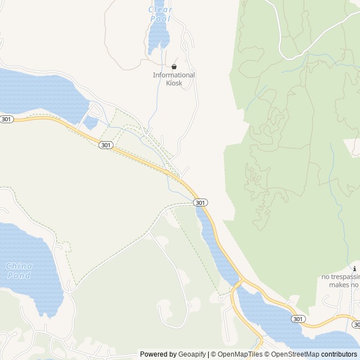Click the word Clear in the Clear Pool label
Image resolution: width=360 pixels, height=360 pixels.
[x=160, y=10]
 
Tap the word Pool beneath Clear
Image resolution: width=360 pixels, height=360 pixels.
[x=160, y=19]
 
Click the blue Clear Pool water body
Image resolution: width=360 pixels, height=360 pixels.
[x=158, y=37]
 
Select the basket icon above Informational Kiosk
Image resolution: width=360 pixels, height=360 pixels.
[x=174, y=66]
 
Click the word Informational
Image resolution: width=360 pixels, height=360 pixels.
[x=174, y=75]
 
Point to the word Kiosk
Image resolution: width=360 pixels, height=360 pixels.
[x=174, y=83]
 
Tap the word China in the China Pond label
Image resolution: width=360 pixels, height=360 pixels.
[x=19, y=265]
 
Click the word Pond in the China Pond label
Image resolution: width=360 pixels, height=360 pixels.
[x=19, y=275]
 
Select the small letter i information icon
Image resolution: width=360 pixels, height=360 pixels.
[x=354, y=268]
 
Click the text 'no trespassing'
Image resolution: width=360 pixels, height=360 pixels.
[x=340, y=277]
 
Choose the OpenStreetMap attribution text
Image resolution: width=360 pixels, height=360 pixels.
[x=292, y=354]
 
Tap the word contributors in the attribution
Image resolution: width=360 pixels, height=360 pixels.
[x=339, y=354]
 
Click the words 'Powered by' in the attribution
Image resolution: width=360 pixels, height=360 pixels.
[x=158, y=354]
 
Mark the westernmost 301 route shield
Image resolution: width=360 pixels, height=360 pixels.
[x=7, y=119]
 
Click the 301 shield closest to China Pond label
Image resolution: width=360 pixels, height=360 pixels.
[x=106, y=145]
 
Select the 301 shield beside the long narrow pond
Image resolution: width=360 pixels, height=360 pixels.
[x=201, y=202]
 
